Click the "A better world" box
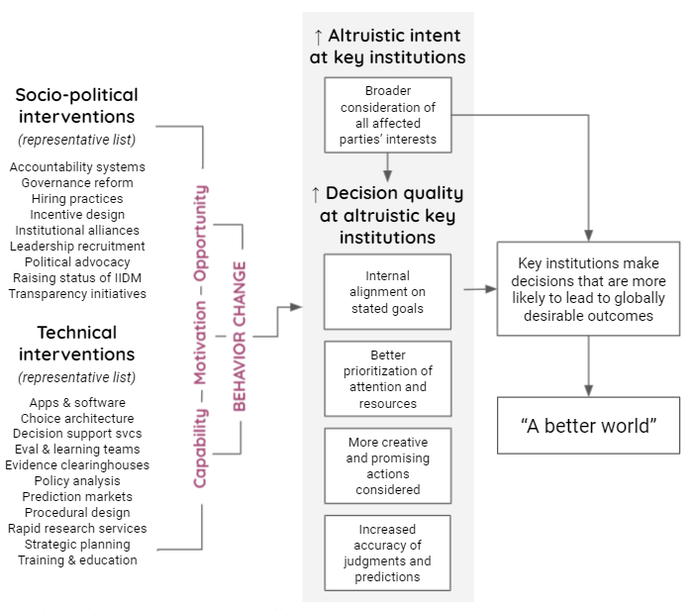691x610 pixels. click(x=588, y=426)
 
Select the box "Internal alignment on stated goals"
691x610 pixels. click(x=387, y=292)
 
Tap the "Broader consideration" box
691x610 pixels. click(x=387, y=116)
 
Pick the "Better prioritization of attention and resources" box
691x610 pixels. click(x=387, y=379)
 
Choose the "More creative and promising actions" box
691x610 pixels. click(x=387, y=465)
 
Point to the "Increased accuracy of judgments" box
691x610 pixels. click(x=387, y=553)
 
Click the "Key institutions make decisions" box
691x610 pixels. click(x=588, y=290)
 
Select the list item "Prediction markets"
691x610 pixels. click(x=77, y=496)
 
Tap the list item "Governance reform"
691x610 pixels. click(x=77, y=182)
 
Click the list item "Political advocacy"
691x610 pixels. click(x=77, y=261)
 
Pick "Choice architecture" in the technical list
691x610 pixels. click(x=77, y=418)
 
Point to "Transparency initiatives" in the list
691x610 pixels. click(x=77, y=293)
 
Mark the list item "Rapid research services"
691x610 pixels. click(x=77, y=528)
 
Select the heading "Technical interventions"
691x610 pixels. click(x=77, y=343)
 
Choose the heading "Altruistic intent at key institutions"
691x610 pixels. click(x=388, y=47)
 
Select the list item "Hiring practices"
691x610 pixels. click(x=77, y=198)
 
